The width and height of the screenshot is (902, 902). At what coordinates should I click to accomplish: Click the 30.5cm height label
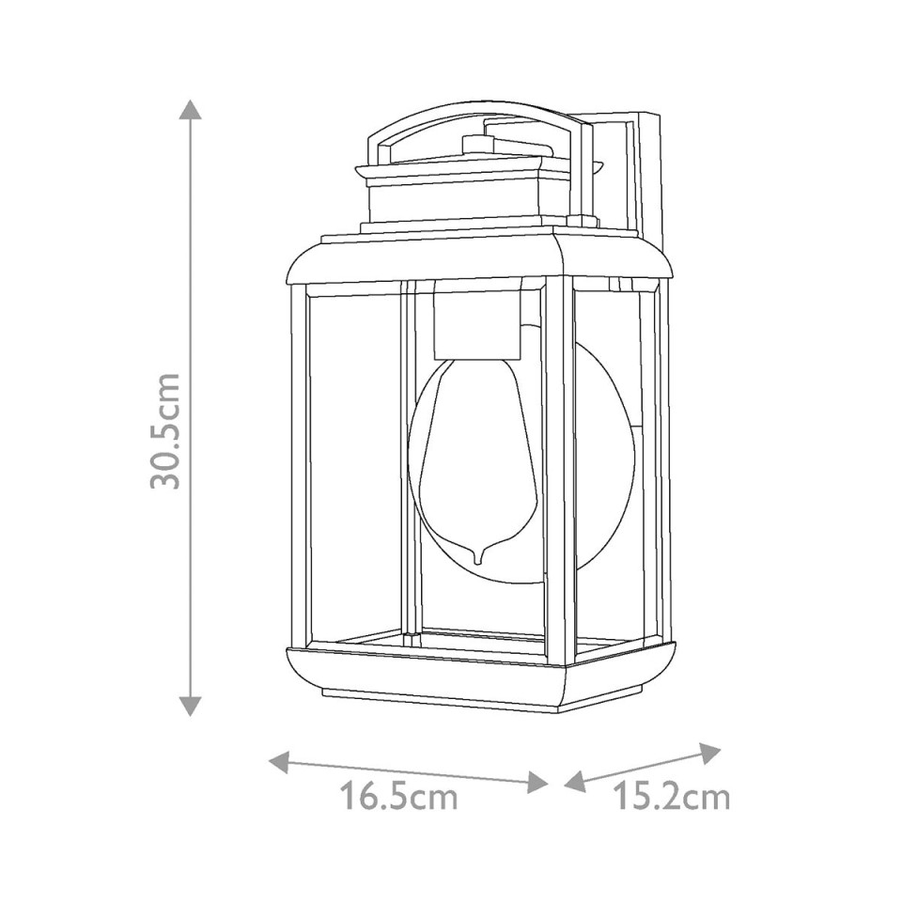coord(167,429)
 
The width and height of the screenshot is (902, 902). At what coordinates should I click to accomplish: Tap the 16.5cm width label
coord(398,798)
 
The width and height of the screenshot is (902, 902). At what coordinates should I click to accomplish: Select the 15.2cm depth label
coord(671,798)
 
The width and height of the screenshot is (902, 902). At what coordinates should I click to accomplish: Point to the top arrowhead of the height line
coord(191,108)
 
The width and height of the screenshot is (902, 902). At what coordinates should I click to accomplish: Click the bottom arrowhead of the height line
coord(191,706)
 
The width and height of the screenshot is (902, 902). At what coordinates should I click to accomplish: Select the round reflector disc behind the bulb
coord(601,451)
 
